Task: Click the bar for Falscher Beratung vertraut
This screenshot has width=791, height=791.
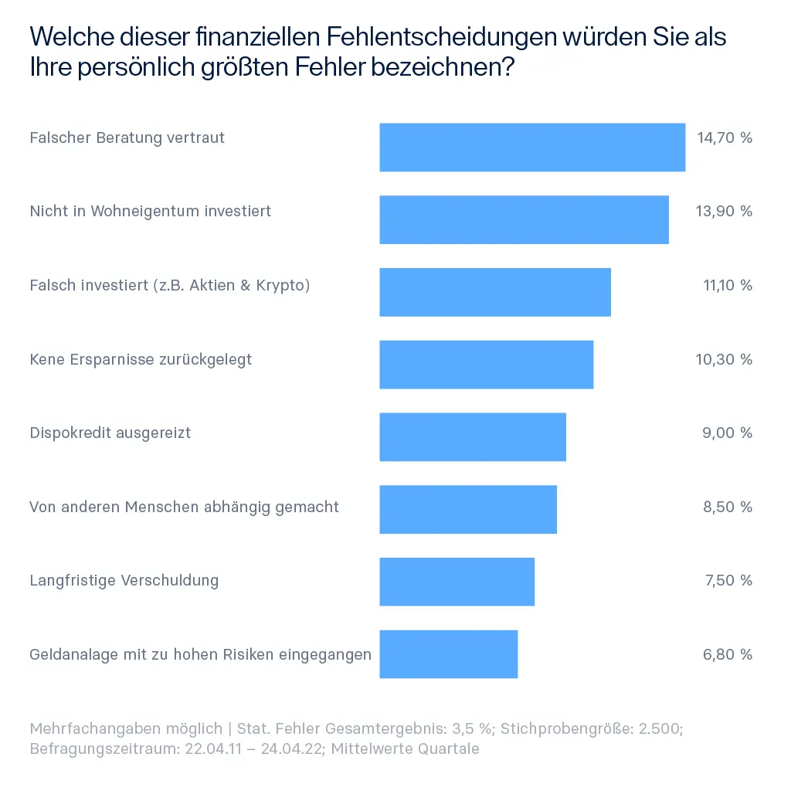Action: pyautogui.click(x=532, y=147)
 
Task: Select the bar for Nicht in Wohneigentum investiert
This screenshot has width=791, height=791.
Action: pyautogui.click(x=524, y=219)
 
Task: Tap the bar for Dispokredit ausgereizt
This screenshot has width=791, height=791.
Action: pyautogui.click(x=473, y=436)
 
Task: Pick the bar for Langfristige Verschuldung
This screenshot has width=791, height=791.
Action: pyautogui.click(x=457, y=581)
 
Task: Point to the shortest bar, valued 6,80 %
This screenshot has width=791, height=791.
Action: pyautogui.click(x=448, y=654)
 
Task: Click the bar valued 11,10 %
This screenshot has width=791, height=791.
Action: pyautogui.click(x=495, y=292)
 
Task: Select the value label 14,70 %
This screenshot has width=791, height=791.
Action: pyautogui.click(x=724, y=138)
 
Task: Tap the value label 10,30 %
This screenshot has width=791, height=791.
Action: pyautogui.click(x=724, y=359)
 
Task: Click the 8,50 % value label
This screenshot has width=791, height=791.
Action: pyautogui.click(x=727, y=507)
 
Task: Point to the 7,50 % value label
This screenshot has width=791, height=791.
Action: pyautogui.click(x=727, y=580)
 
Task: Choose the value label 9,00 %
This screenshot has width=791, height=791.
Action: pyautogui.click(x=727, y=433)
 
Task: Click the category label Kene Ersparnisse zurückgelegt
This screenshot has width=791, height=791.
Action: pyautogui.click(x=141, y=359)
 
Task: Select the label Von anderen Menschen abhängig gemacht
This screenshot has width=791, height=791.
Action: pyautogui.click(x=184, y=507)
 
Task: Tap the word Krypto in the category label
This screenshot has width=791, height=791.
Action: pyautogui.click(x=280, y=286)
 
